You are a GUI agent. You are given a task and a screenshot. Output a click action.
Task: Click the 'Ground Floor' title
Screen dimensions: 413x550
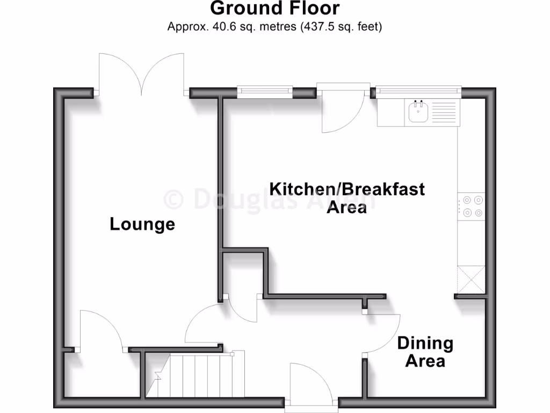point(274,9)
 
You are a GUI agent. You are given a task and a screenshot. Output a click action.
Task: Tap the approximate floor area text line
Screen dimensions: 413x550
point(274,26)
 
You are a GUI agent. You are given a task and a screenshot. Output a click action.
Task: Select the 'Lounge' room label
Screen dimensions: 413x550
point(142,224)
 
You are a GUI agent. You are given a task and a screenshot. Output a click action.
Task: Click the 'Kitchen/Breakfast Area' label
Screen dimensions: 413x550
point(346,197)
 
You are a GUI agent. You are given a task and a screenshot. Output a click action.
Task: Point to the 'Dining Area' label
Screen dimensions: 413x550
point(425,351)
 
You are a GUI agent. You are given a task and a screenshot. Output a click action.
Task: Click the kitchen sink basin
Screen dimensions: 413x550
point(418,113)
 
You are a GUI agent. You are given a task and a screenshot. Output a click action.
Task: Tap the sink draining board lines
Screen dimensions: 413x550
point(443,113)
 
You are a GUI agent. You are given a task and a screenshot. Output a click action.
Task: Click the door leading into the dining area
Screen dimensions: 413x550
point(381,333)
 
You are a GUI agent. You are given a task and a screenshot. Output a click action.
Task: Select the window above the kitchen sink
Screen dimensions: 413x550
point(418,90)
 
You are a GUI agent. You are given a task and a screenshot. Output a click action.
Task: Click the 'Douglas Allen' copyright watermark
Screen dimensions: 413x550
point(269,200)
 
